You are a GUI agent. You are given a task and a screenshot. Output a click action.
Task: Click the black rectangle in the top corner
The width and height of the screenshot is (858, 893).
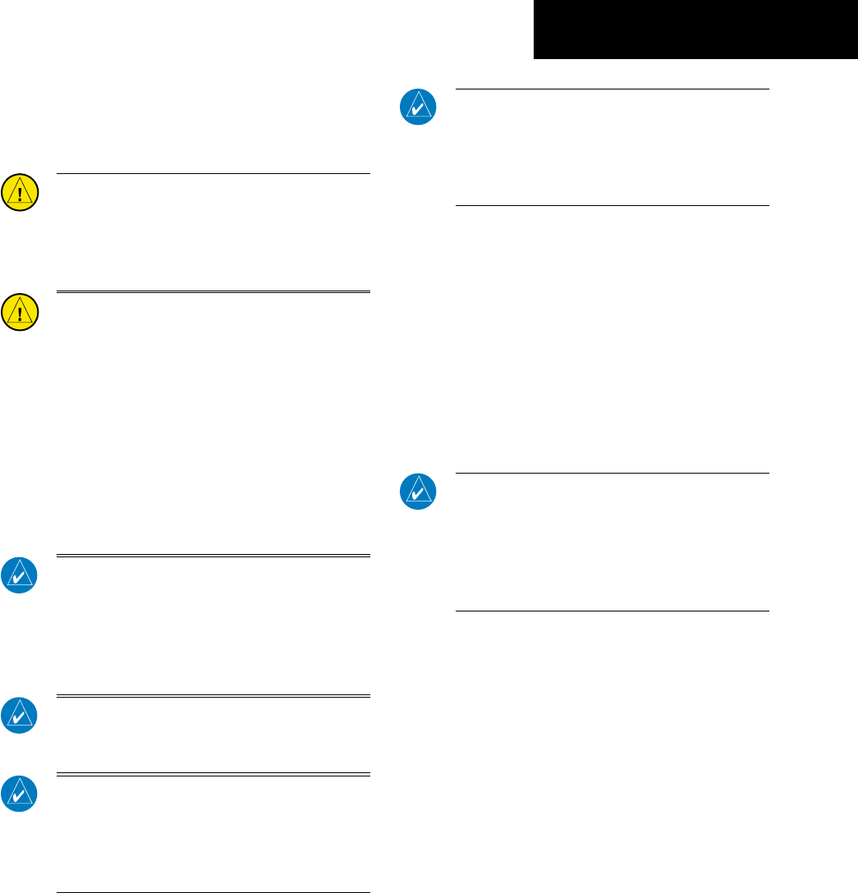pos(695,30)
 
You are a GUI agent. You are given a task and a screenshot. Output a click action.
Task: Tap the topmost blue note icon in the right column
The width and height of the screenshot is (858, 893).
pos(418,107)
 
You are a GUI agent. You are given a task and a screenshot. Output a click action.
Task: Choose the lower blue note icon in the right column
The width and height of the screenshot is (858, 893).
pos(418,491)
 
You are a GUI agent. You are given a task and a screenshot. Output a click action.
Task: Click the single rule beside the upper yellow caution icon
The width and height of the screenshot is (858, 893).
pos(213,173)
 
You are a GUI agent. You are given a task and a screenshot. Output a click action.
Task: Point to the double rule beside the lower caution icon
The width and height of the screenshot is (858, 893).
pos(213,291)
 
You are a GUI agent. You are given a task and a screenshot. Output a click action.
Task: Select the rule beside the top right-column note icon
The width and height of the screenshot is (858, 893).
pos(612,89)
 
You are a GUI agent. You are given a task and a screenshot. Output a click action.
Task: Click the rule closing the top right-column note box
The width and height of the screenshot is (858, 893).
pos(612,206)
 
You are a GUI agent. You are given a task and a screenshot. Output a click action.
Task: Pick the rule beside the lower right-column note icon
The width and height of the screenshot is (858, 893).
pos(612,473)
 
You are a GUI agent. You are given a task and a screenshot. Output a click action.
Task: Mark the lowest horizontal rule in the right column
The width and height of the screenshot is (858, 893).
pos(612,611)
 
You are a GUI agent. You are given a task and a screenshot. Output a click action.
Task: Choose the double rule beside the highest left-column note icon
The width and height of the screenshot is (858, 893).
pos(213,556)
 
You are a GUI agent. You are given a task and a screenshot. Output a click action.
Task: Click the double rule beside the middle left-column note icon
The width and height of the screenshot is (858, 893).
pos(213,696)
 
